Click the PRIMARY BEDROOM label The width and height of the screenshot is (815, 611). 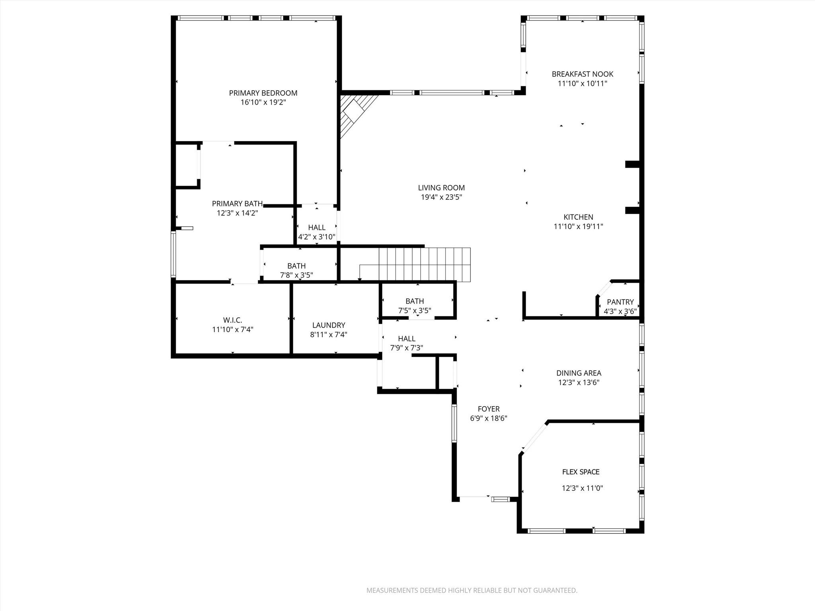pyautogui.click(x=263, y=93)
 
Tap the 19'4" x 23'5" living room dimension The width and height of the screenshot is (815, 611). pyautogui.click(x=441, y=197)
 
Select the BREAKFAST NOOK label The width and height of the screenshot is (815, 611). pyautogui.click(x=582, y=74)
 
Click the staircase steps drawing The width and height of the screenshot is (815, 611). pyautogui.click(x=424, y=264)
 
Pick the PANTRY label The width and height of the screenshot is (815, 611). pyautogui.click(x=620, y=302)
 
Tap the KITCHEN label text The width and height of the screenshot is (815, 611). pyautogui.click(x=578, y=217)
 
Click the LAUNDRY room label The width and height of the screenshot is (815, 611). pyautogui.click(x=328, y=325)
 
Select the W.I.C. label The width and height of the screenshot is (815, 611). pyautogui.click(x=232, y=320)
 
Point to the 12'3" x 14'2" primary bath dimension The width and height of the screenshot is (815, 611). pyautogui.click(x=237, y=213)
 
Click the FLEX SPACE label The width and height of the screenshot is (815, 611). pyautogui.click(x=581, y=472)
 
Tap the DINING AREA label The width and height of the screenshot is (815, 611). pyautogui.click(x=579, y=373)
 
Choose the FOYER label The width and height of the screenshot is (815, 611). pyautogui.click(x=489, y=409)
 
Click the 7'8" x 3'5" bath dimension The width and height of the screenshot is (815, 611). pyautogui.click(x=296, y=275)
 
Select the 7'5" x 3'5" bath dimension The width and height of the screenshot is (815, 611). pyautogui.click(x=415, y=311)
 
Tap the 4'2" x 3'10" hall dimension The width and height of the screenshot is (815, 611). pyautogui.click(x=317, y=237)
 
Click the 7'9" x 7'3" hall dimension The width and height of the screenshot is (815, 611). pyautogui.click(x=406, y=348)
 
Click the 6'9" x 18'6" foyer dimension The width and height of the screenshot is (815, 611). pyautogui.click(x=489, y=418)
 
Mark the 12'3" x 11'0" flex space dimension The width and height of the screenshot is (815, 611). pyautogui.click(x=582, y=488)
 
